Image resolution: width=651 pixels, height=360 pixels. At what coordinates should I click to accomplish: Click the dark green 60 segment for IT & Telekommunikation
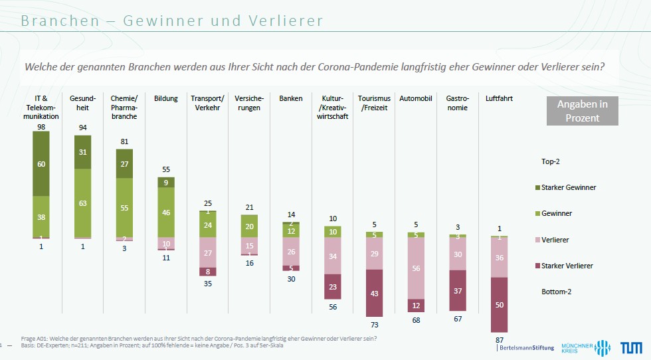pos(41,163)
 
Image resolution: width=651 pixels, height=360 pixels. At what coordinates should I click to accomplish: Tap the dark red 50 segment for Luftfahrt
pos(499,304)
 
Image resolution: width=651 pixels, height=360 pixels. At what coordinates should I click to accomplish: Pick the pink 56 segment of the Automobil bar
pos(416,268)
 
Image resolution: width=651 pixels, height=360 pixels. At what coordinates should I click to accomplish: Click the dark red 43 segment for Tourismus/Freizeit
pos(375,293)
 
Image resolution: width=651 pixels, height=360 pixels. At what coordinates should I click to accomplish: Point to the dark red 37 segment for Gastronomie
pos(457,290)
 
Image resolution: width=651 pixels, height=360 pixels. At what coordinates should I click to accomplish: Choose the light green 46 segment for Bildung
pos(166,213)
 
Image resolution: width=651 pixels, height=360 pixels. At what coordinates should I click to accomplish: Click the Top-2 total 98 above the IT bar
pos(41,126)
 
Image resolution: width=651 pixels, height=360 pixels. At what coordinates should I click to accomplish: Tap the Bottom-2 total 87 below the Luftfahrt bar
pos(499,339)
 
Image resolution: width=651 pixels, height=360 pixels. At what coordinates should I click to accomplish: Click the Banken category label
pos(291,99)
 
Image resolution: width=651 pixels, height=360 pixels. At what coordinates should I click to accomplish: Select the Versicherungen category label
pos(248,103)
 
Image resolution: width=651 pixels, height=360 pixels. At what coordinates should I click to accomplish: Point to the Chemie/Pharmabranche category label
pos(124,108)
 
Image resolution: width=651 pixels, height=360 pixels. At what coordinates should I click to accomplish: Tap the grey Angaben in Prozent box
pos(582,111)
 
